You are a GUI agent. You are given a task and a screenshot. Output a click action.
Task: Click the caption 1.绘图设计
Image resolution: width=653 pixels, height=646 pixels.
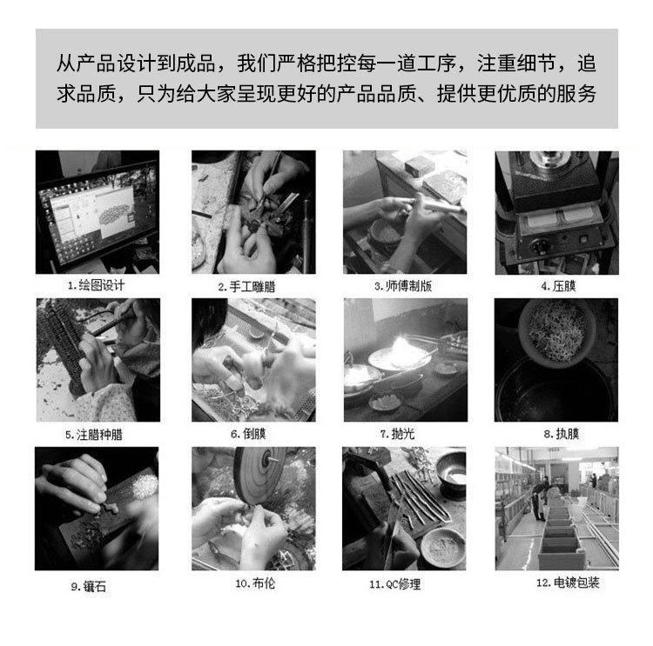97,285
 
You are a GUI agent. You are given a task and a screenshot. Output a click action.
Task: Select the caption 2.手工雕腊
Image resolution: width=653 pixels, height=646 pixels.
246,285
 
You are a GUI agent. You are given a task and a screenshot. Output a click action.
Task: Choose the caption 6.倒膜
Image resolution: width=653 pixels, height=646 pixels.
248,433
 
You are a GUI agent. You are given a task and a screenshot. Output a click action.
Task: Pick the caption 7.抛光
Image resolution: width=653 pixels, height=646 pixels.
401,433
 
